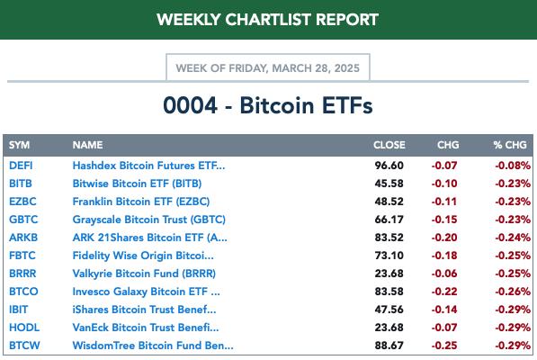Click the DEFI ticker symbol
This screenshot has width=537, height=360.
(21, 166)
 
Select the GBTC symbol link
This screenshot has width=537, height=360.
(23, 220)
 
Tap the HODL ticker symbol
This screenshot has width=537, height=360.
(24, 328)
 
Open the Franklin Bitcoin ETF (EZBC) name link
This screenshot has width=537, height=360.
(141, 202)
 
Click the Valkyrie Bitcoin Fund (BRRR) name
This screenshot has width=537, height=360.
(144, 274)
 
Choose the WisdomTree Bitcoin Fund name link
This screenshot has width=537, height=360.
(153, 346)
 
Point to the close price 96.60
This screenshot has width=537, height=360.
(389, 166)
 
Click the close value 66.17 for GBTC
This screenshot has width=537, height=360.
(389, 220)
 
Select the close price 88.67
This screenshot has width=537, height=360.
(389, 346)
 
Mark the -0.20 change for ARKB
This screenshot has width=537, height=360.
(444, 238)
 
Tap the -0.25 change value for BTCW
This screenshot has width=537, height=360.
(444, 346)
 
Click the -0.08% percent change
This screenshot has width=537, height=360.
(513, 166)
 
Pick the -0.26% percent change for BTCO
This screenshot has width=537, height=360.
(513, 292)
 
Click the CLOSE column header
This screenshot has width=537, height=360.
(389, 145)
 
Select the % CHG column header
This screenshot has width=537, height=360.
(510, 145)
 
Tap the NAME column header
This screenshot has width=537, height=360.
(87, 145)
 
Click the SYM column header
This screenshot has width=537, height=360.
(19, 145)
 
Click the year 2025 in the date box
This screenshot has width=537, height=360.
(347, 68)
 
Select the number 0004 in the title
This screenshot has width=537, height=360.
(191, 105)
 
